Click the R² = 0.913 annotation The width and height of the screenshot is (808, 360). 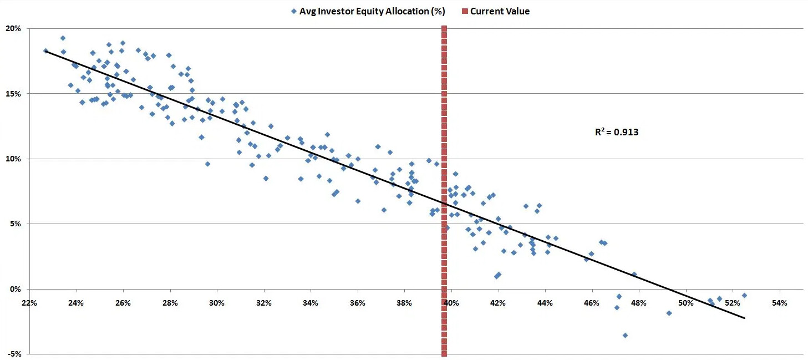point(616,133)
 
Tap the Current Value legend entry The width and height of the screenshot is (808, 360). point(500,11)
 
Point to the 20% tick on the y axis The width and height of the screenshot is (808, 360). point(13,28)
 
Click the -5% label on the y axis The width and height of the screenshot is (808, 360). point(13,354)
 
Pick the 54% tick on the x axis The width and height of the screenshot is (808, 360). point(780,303)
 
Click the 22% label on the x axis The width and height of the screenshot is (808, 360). point(29,303)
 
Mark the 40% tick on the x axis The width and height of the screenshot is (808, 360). point(451,303)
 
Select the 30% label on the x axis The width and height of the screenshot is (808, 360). point(217,303)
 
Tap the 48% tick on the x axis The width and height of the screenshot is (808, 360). point(639,303)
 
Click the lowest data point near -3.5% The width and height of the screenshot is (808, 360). point(625,335)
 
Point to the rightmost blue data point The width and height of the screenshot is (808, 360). point(744,296)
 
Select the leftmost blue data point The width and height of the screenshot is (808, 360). point(46,50)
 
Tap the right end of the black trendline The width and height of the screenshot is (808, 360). point(744,318)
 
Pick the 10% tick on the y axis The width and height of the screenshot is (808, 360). point(13,159)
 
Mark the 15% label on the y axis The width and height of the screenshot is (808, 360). point(13,93)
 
